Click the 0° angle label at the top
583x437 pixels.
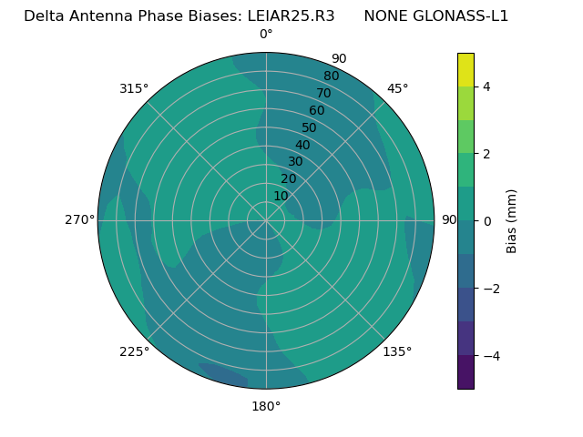coord(266,35)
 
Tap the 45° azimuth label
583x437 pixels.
coord(398,88)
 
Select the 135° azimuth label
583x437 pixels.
coord(397,351)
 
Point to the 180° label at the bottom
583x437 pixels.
coord(266,406)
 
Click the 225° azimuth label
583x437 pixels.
coord(134,351)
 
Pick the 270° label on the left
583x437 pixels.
coord(80,220)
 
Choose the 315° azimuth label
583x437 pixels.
coord(134,88)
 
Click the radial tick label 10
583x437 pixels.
coord(281,196)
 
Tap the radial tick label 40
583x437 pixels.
coord(302,146)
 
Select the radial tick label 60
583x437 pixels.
coord(316,111)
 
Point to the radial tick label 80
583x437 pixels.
coord(331,76)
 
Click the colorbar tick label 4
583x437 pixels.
coord(487,86)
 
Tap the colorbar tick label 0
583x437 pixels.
coord(487,221)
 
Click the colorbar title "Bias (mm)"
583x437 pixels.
coord(512,221)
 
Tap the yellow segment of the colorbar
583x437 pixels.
coord(465,69)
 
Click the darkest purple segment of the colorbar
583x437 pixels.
coord(465,372)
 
